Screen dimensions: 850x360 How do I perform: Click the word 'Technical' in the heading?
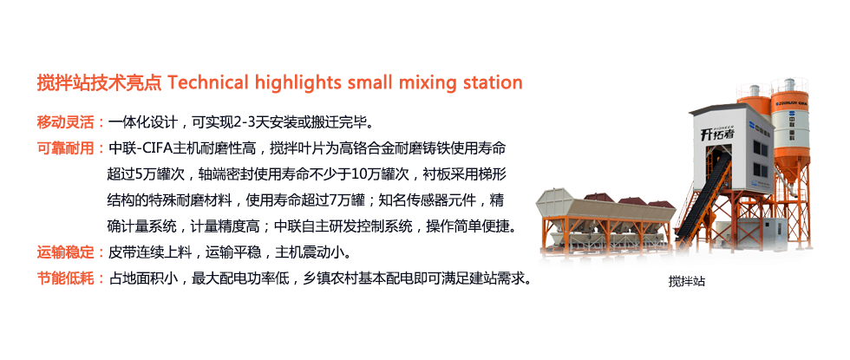[208, 83]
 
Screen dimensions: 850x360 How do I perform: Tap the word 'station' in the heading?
[493, 83]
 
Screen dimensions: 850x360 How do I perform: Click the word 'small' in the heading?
[370, 83]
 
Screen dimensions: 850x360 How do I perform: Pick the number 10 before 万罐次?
[359, 174]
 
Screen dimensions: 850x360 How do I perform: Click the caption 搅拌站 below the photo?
[686, 282]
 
